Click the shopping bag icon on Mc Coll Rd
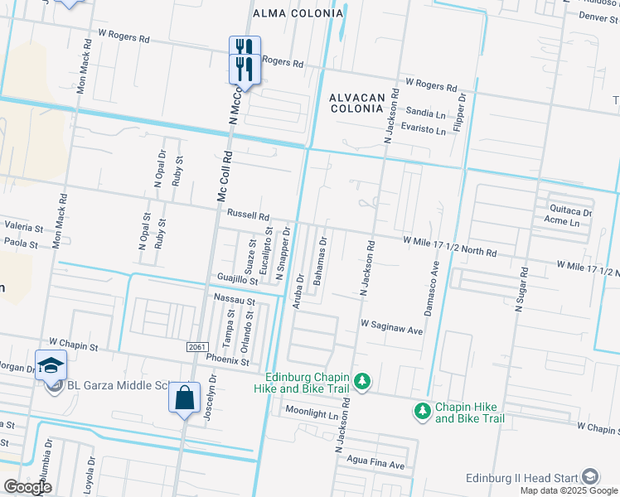(184, 398)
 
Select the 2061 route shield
(196, 346)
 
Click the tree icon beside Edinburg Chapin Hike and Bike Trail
(361, 381)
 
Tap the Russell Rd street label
(249, 215)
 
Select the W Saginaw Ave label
(392, 330)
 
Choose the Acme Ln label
(561, 222)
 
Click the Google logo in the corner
(27, 487)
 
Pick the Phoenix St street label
(227, 361)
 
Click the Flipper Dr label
(462, 114)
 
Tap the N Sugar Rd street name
(521, 288)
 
